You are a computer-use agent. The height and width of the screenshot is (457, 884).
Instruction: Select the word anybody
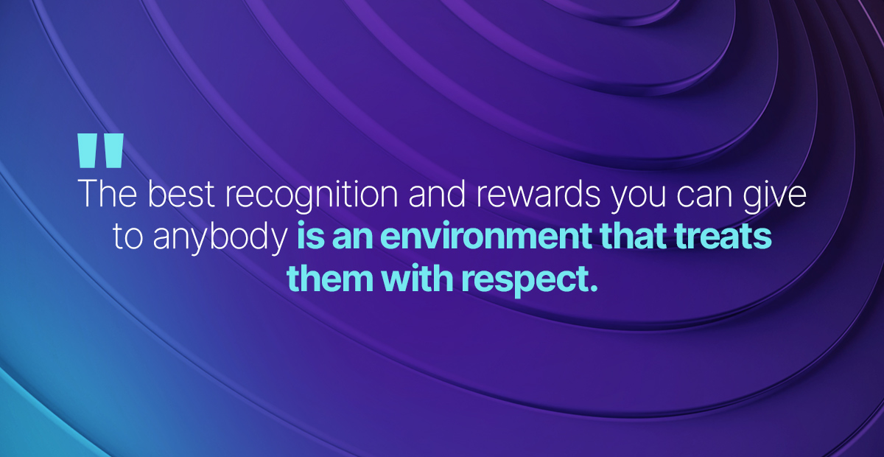[220, 240]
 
